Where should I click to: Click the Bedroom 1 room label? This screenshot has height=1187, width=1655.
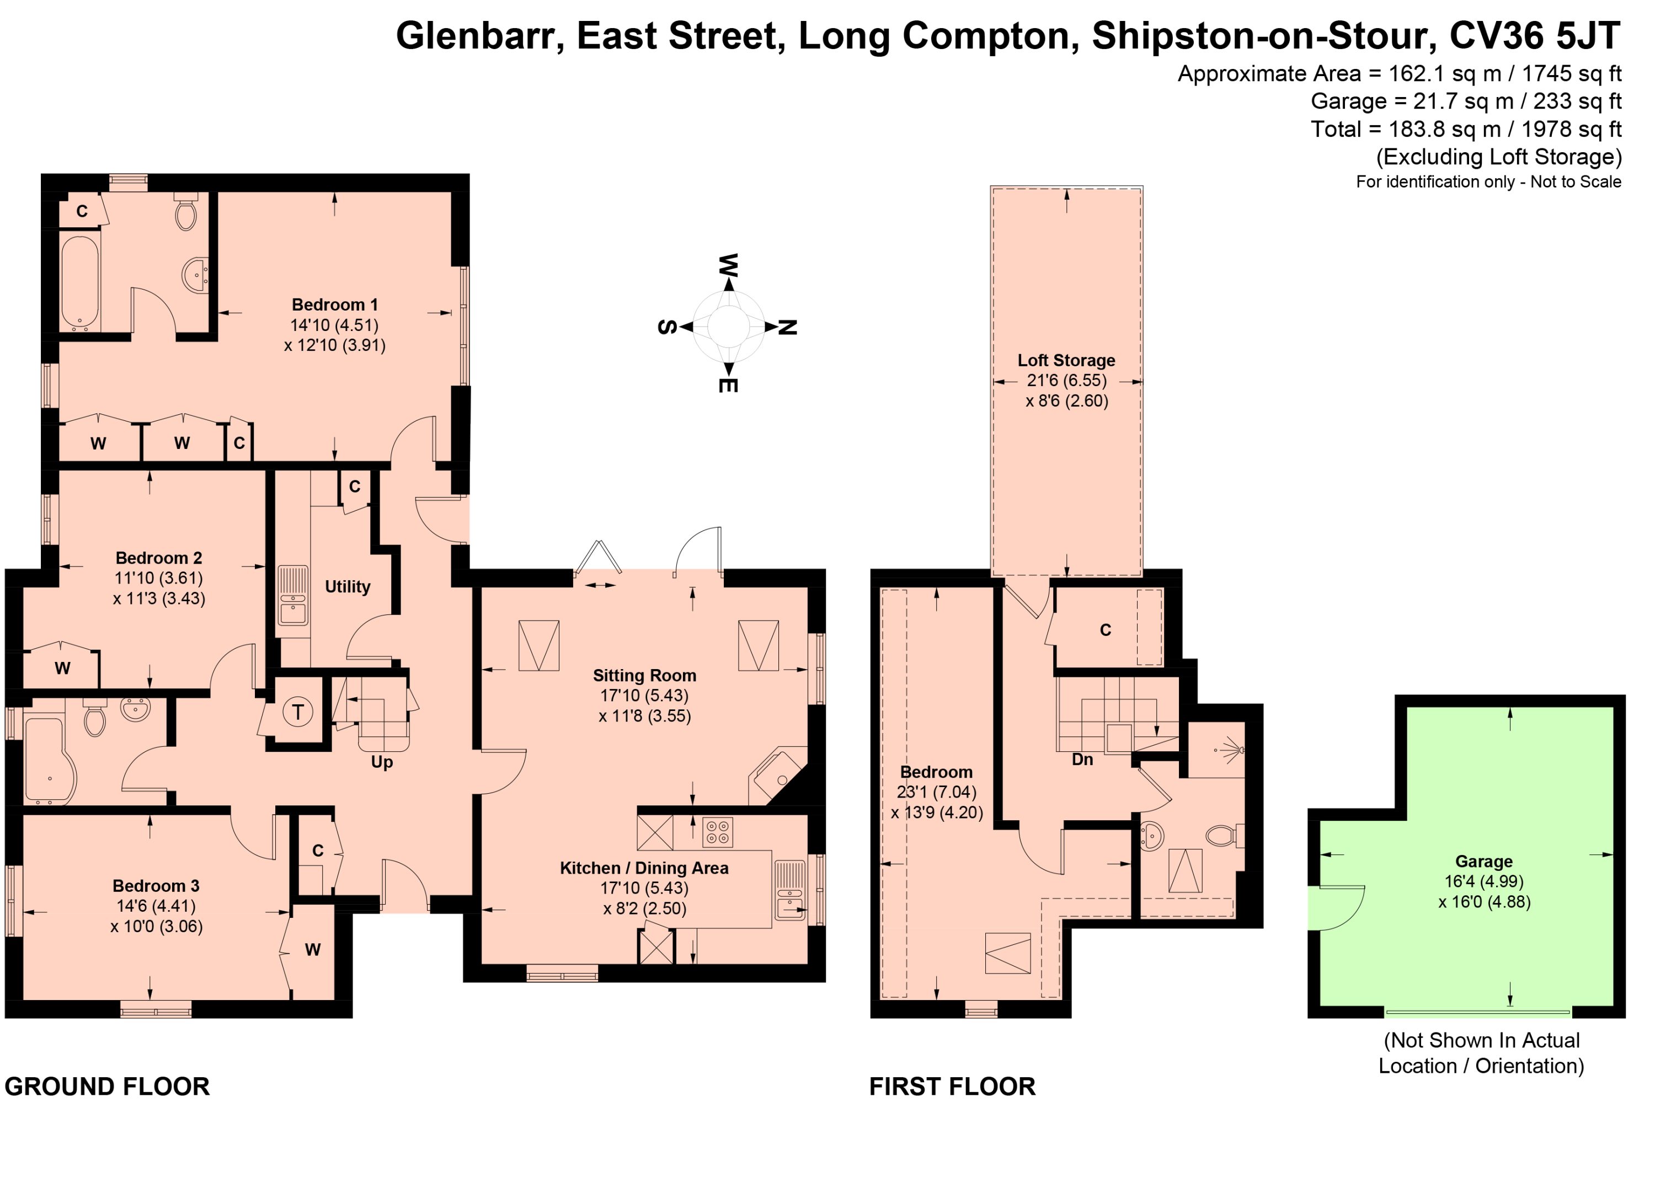[x=335, y=305]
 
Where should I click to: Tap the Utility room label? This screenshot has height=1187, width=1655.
[x=348, y=586]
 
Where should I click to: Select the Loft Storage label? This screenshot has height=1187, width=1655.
[x=1066, y=360]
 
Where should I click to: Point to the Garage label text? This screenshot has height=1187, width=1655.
[x=1483, y=862]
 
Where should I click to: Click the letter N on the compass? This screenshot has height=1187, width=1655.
[x=787, y=328]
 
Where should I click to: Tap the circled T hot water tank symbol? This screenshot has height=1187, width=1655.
[x=298, y=712]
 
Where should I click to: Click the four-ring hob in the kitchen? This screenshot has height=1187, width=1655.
[x=717, y=832]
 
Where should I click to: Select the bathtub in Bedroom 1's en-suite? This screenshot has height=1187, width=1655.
[x=79, y=282]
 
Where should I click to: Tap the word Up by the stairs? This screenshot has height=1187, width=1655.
[x=382, y=762]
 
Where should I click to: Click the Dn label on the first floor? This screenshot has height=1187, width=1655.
[x=1082, y=760]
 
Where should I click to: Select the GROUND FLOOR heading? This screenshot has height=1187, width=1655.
[x=107, y=1086]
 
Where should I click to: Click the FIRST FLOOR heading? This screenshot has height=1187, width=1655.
[x=952, y=1086]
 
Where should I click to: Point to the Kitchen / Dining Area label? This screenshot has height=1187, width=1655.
[x=644, y=868]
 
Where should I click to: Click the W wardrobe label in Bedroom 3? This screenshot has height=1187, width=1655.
[x=312, y=950]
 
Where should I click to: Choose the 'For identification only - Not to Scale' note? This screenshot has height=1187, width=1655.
[x=1488, y=181]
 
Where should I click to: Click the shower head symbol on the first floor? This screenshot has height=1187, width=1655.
[x=1232, y=749]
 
